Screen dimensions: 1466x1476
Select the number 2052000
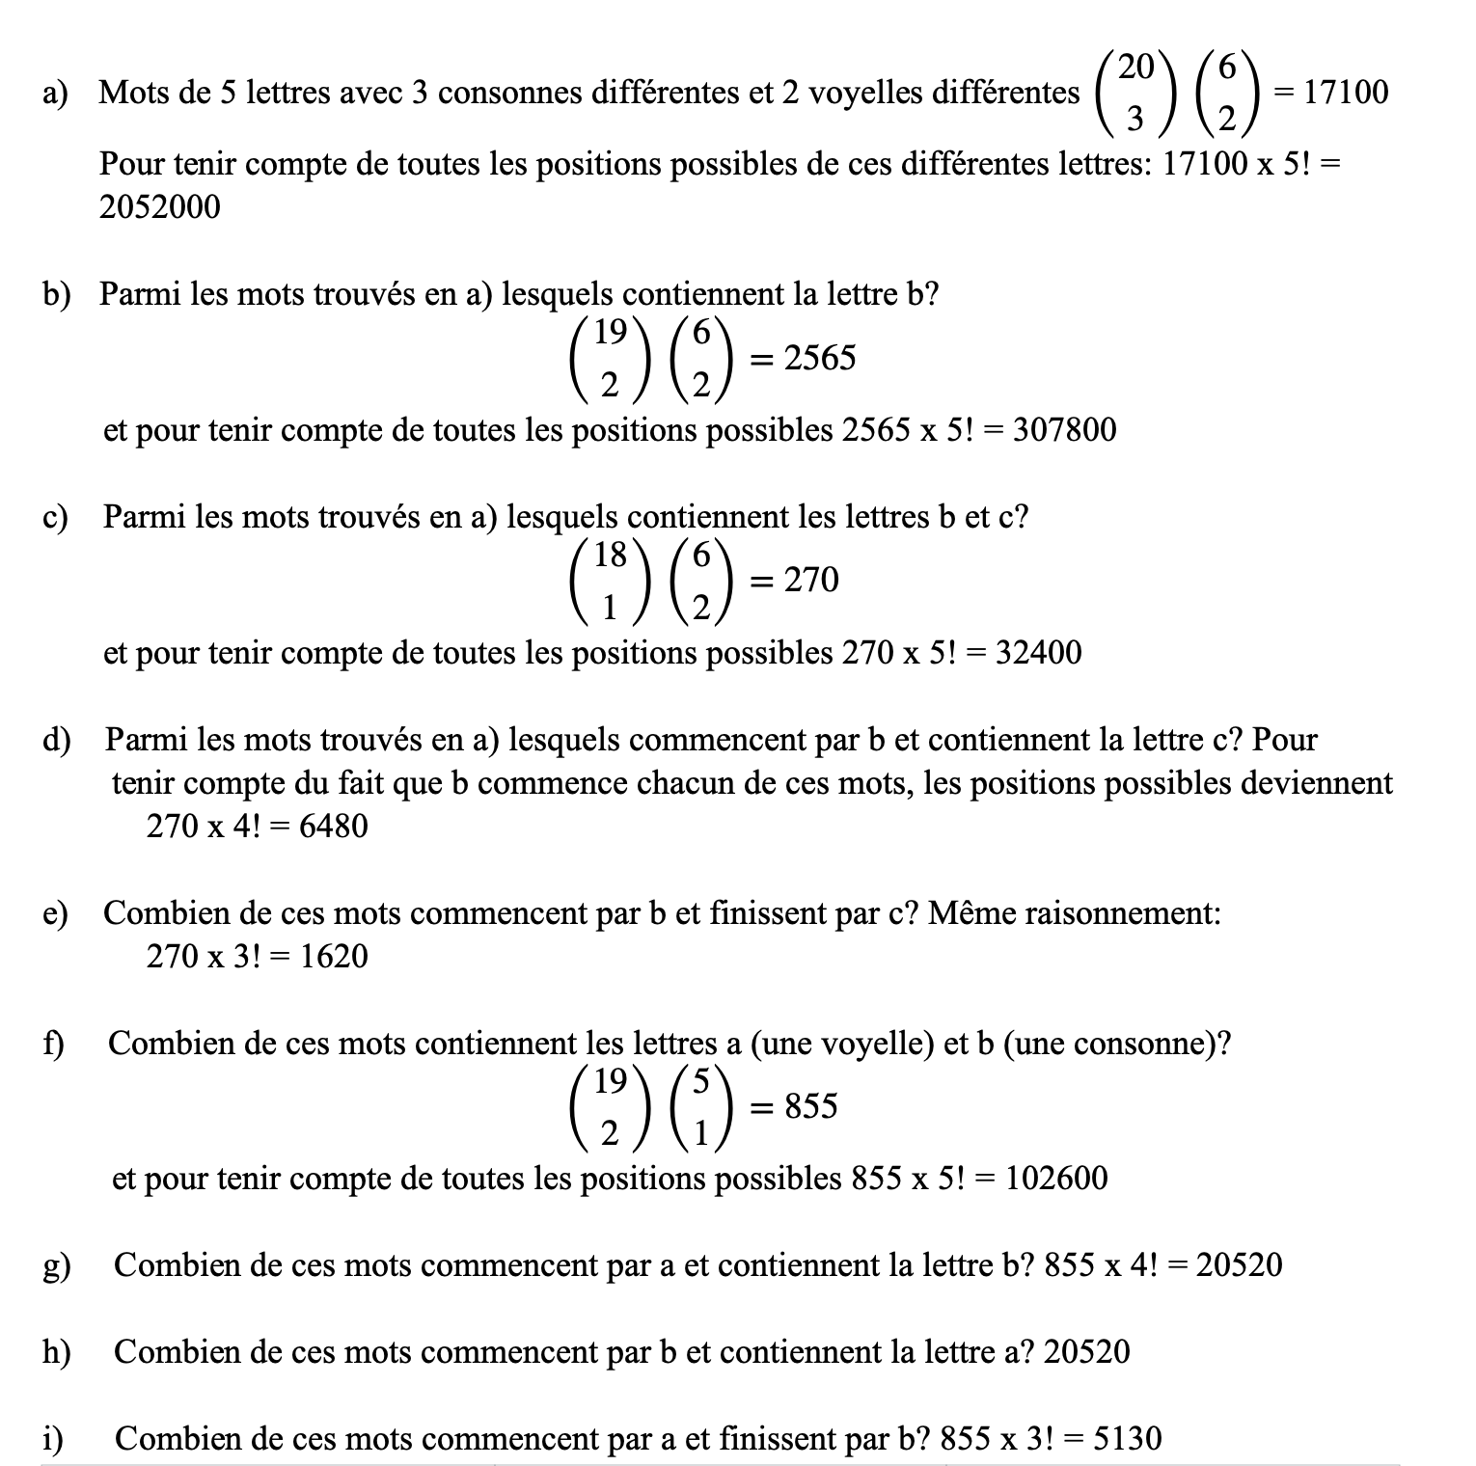(159, 207)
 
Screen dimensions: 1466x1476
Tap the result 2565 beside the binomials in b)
(819, 358)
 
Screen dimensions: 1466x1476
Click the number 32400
(1038, 653)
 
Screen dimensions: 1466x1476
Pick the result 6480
(333, 827)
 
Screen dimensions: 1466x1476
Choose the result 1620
(333, 957)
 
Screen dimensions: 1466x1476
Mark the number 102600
(1056, 1179)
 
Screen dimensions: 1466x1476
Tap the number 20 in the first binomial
(1135, 67)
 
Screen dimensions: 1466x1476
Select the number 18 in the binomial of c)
(610, 555)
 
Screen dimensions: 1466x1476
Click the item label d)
(57, 741)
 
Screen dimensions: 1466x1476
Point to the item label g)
(57, 1266)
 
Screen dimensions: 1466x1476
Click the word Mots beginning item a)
(134, 93)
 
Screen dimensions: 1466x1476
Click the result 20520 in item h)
(1086, 1352)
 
